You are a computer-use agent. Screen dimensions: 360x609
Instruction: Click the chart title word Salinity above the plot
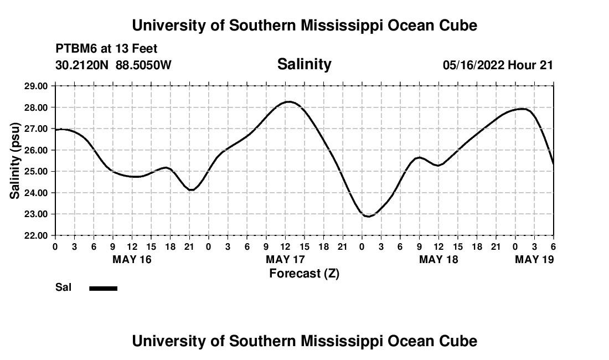click(304, 64)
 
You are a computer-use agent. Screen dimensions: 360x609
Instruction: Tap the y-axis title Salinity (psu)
click(16, 161)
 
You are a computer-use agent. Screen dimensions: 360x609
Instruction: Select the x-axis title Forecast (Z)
click(304, 273)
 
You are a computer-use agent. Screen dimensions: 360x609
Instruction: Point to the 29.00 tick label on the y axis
click(37, 86)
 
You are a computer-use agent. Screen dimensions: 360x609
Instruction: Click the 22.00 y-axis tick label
click(37, 235)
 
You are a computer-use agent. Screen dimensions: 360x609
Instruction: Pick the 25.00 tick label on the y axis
click(37, 171)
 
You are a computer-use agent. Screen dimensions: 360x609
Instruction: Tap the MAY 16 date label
click(132, 259)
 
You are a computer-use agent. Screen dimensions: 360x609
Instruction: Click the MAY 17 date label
click(285, 259)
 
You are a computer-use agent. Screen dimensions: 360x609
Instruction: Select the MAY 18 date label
click(438, 259)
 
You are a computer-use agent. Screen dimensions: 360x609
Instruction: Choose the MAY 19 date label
click(534, 259)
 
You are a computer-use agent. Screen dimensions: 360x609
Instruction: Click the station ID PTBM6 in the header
click(75, 49)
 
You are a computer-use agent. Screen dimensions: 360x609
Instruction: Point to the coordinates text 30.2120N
click(82, 65)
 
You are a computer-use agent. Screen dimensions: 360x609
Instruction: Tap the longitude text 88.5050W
click(143, 65)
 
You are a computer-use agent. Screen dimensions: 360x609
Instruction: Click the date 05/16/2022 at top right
click(473, 65)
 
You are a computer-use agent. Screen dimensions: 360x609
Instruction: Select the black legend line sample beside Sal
click(103, 288)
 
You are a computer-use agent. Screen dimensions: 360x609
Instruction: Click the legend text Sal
click(63, 287)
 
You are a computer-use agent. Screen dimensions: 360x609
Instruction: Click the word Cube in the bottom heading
click(460, 341)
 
